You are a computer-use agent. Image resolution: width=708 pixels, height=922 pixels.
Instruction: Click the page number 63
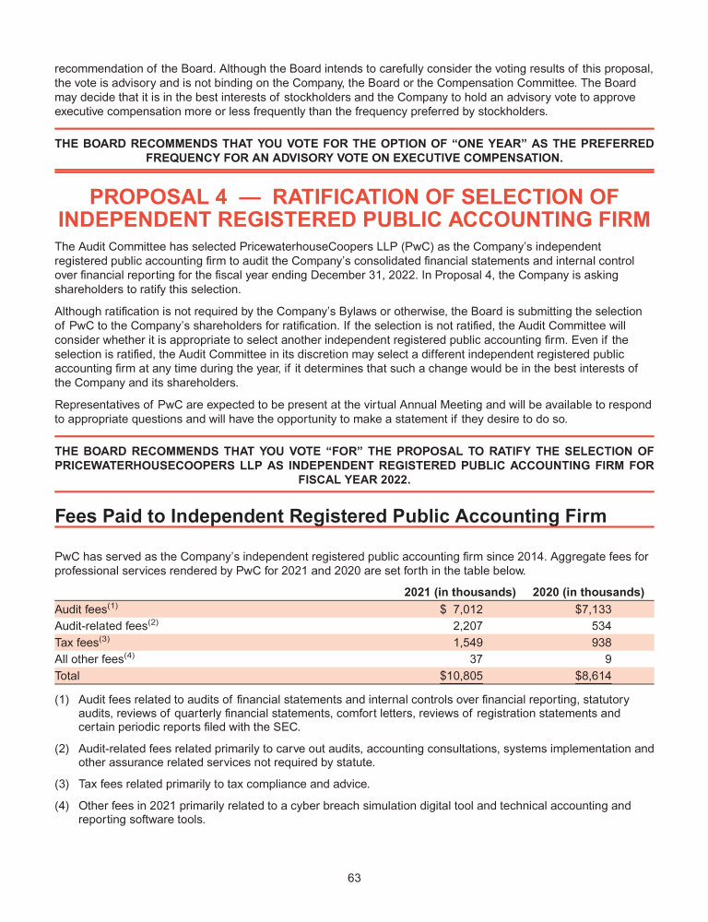click(x=354, y=878)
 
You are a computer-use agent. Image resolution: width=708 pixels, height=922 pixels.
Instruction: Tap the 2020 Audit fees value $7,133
click(x=593, y=609)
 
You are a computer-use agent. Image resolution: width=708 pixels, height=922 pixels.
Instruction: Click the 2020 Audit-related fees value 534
click(x=600, y=626)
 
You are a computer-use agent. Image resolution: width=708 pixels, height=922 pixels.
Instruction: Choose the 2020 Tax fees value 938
click(x=600, y=643)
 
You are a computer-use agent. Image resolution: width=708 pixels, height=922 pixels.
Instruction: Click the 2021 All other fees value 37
click(x=476, y=659)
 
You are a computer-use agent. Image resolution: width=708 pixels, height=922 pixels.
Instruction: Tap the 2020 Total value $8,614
click(x=593, y=676)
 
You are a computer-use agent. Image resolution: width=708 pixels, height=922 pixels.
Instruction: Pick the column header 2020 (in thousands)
click(x=588, y=592)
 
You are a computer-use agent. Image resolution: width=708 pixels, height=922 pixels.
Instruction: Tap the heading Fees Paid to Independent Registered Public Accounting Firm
click(x=331, y=515)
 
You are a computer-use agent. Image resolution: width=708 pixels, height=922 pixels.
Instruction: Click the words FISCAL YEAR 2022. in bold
click(x=354, y=479)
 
